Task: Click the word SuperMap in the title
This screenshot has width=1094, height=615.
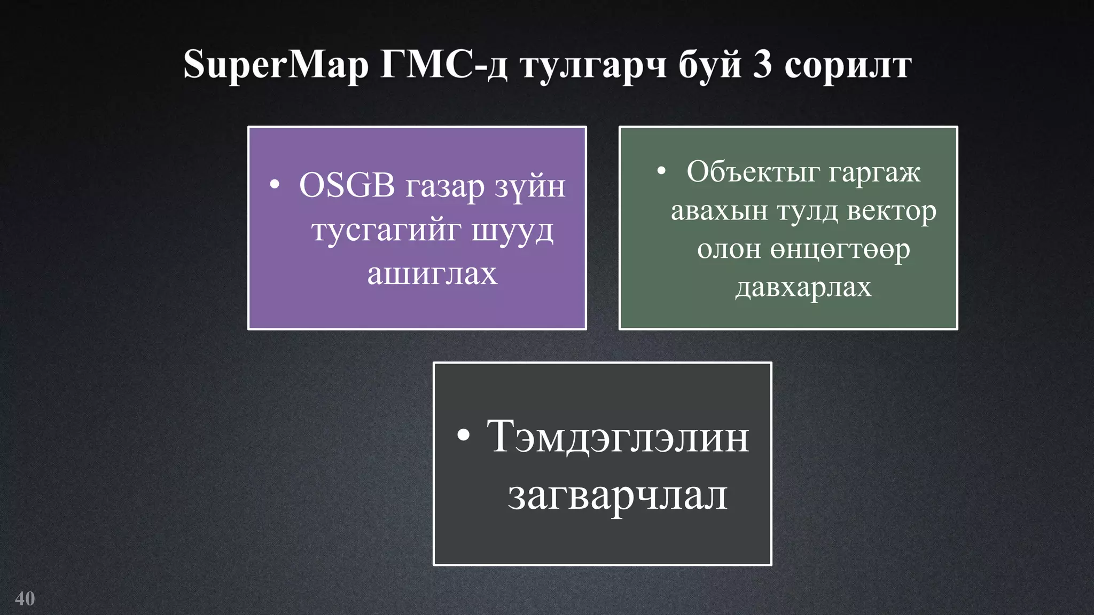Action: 276,65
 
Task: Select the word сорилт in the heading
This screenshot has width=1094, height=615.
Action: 848,65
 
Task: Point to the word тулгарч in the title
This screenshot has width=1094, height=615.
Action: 593,65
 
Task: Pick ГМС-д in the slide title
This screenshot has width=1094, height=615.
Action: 443,64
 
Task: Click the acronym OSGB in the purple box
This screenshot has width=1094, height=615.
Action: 347,186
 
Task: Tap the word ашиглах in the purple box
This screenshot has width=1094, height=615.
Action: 432,274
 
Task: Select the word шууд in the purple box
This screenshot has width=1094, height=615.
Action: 512,231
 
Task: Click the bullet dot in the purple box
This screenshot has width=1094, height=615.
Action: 275,185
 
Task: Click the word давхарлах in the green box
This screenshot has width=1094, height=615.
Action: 803,287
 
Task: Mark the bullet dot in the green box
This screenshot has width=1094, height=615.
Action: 661,171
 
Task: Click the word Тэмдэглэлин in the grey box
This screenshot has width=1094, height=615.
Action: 618,437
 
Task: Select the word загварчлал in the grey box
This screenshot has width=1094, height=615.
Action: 618,495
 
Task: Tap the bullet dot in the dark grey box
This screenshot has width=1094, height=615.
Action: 464,435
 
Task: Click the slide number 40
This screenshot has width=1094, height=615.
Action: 25,598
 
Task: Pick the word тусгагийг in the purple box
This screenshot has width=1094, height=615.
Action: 386,231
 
